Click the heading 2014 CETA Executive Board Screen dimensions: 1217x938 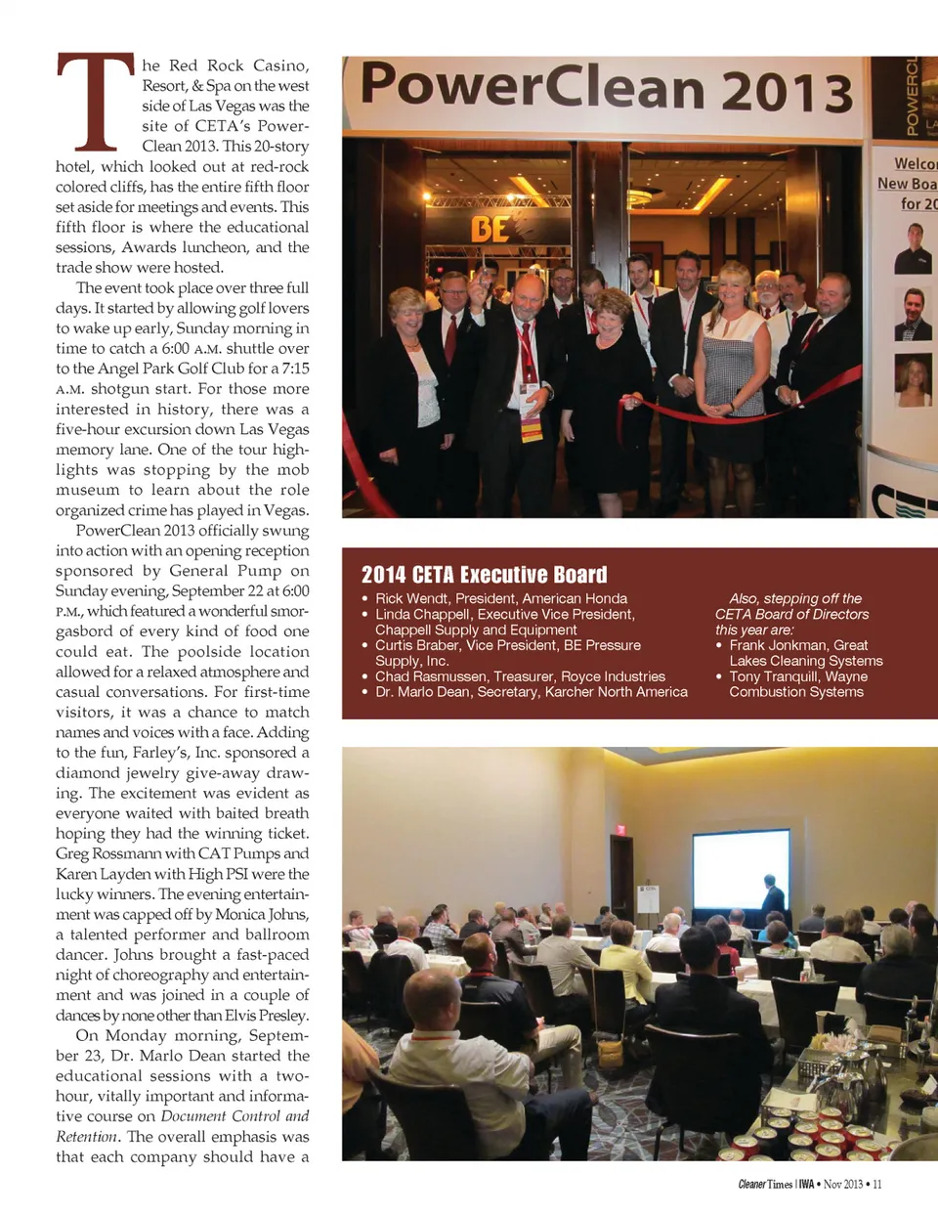point(484,575)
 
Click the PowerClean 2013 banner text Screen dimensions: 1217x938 point(606,88)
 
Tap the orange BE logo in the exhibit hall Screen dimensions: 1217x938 point(490,229)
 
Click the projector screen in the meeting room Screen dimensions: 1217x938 point(741,869)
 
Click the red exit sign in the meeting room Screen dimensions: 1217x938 point(619,830)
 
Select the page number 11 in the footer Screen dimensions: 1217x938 point(876,1184)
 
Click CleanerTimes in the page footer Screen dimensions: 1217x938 point(765,1184)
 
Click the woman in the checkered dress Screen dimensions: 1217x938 point(732,362)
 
